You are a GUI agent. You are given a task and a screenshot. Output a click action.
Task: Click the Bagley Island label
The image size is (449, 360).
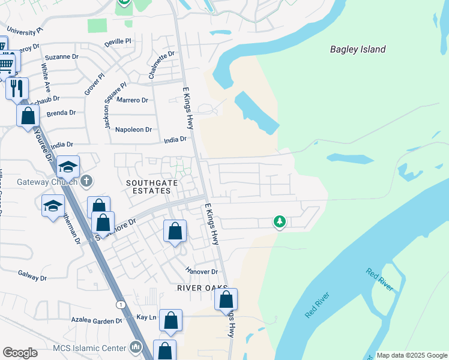point(358,50)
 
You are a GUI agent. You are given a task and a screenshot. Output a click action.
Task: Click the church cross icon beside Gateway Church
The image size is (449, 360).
point(87,181)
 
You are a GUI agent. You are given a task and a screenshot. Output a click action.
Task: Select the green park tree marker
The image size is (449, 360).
point(279,222)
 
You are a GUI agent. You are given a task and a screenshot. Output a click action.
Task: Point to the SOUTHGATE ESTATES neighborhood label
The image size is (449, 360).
point(148,185)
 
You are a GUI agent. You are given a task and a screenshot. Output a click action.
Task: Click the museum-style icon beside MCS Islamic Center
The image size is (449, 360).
point(136,347)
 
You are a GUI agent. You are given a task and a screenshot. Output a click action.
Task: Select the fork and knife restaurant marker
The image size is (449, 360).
point(17,88)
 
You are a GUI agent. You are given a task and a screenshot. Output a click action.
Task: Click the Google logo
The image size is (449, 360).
point(20,353)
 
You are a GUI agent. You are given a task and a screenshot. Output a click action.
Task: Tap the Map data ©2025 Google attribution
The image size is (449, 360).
point(412,355)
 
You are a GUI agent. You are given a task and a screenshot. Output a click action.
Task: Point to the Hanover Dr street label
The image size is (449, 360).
point(201,272)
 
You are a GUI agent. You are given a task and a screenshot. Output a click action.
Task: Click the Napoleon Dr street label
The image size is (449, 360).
point(133,130)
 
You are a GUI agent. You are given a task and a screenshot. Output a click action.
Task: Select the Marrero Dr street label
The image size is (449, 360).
point(132,100)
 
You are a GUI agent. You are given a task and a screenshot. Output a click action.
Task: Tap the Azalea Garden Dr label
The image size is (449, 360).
point(97,321)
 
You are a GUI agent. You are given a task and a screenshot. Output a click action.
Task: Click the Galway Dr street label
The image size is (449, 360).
point(32,278)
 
